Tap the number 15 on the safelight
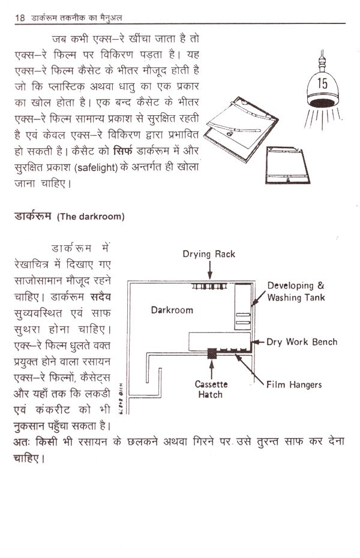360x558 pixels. (x=322, y=83)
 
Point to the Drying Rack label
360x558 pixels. (x=209, y=254)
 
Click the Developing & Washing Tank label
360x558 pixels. (x=296, y=291)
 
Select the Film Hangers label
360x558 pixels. (x=293, y=385)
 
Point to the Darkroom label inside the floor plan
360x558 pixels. (x=172, y=310)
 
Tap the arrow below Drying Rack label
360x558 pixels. (x=209, y=271)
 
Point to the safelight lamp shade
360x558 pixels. (x=322, y=87)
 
